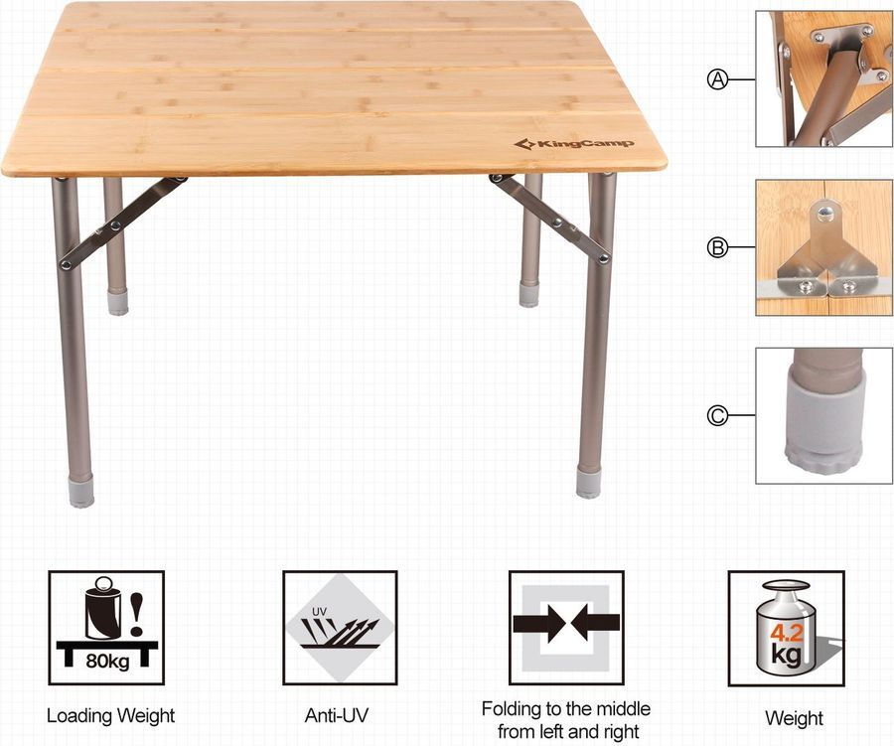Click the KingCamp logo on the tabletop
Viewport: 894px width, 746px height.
(573, 144)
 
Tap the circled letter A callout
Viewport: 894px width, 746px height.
(718, 79)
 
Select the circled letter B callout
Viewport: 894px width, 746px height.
(718, 248)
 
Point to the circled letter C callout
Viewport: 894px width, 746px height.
(718, 415)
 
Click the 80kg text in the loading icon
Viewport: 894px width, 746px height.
(107, 661)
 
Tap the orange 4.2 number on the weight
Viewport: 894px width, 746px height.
(787, 633)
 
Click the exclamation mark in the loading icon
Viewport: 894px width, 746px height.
(137, 615)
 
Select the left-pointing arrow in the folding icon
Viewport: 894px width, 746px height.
(595, 622)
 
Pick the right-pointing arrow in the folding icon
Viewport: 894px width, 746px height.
(537, 622)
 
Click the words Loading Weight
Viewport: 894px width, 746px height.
(110, 716)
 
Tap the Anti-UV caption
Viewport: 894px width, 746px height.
(337, 715)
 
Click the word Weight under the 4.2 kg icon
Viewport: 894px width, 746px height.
(795, 718)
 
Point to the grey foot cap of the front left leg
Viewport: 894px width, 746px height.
(80, 492)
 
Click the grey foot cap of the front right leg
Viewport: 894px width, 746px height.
(588, 483)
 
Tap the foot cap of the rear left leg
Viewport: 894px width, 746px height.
(118, 302)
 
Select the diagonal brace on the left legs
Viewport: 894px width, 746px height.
(124, 222)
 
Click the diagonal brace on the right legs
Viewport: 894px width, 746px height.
(549, 219)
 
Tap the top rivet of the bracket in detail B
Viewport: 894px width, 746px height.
(823, 214)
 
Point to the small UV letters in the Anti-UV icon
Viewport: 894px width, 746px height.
(319, 611)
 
